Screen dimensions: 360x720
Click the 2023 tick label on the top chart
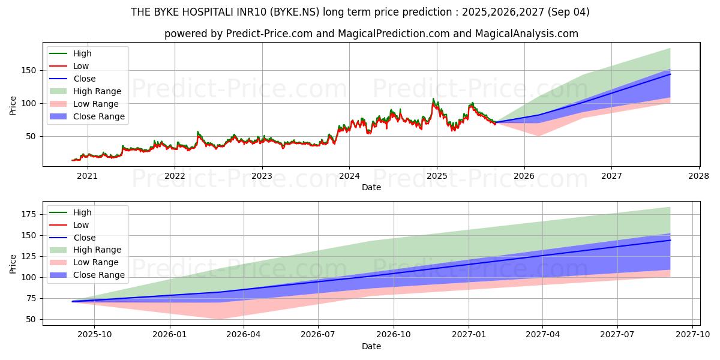pyautogui.click(x=262, y=176)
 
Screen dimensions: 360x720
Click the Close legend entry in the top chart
pyautogui.click(x=85, y=79)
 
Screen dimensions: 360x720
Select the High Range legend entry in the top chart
pyautogui.click(x=97, y=91)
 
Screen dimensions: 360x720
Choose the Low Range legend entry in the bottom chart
pyautogui.click(x=96, y=262)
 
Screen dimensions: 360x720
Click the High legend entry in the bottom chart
pyautogui.click(x=82, y=212)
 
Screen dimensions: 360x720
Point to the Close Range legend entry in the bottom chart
pyautogui.click(x=98, y=275)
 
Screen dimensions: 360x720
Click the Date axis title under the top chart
pyautogui.click(x=371, y=187)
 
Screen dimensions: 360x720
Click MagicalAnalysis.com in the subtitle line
pyautogui.click(x=527, y=34)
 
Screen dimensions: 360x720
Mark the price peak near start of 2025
pyautogui.click(x=433, y=99)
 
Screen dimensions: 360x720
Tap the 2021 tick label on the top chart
pyautogui.click(x=88, y=176)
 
